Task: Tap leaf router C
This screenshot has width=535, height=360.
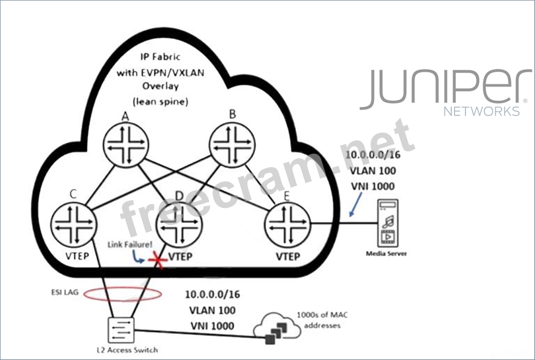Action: pyautogui.click(x=74, y=224)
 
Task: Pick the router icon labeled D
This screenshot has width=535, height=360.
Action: pyautogui.click(x=179, y=225)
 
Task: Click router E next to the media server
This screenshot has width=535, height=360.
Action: pyautogui.click(x=287, y=224)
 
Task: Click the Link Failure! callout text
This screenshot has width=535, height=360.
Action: pyautogui.click(x=130, y=245)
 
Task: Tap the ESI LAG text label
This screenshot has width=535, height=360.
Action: pyautogui.click(x=65, y=292)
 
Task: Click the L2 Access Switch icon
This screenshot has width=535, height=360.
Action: pyautogui.click(x=121, y=330)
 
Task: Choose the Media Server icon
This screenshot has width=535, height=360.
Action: pyautogui.click(x=388, y=223)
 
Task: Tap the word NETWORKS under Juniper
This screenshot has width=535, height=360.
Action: pyautogui.click(x=481, y=111)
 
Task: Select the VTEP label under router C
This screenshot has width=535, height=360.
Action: pyautogui.click(x=77, y=256)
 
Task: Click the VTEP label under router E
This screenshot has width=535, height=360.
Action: pyautogui.click(x=288, y=256)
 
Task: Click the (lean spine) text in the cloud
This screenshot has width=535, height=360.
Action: pyautogui.click(x=160, y=101)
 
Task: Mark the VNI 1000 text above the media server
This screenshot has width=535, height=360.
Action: pyautogui.click(x=373, y=186)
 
